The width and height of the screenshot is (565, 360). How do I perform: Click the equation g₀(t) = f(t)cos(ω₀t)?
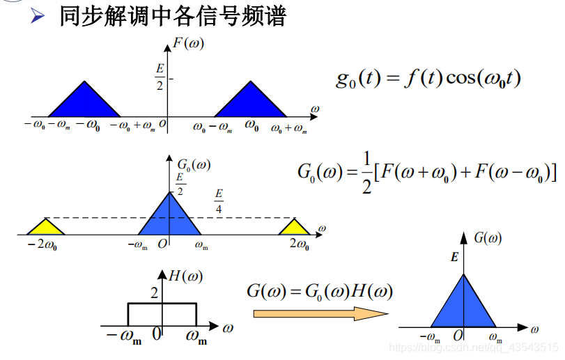pyautogui.click(x=428, y=78)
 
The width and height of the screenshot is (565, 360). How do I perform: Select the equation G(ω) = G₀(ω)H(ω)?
pyautogui.click(x=319, y=291)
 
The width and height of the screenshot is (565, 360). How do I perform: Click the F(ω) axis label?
pyautogui.click(x=188, y=44)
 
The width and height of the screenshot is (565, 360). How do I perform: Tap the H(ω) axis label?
pyautogui.click(x=186, y=276)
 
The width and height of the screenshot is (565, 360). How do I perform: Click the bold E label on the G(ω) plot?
pyautogui.click(x=454, y=258)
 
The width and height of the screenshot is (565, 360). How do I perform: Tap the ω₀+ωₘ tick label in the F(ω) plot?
pyautogui.click(x=288, y=128)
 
